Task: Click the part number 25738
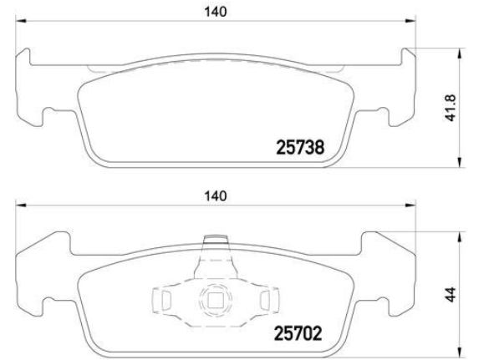coord(300,148)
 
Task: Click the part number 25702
coord(298,333)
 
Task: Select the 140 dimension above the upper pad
coord(216,12)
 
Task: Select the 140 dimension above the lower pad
coord(216,196)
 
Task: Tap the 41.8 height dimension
coord(451,108)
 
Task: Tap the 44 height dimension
coord(451,295)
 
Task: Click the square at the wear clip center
coord(215,300)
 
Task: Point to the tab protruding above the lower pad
coord(216,240)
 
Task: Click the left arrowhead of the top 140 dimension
coord(21,21)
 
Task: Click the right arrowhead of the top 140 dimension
coord(410,21)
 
